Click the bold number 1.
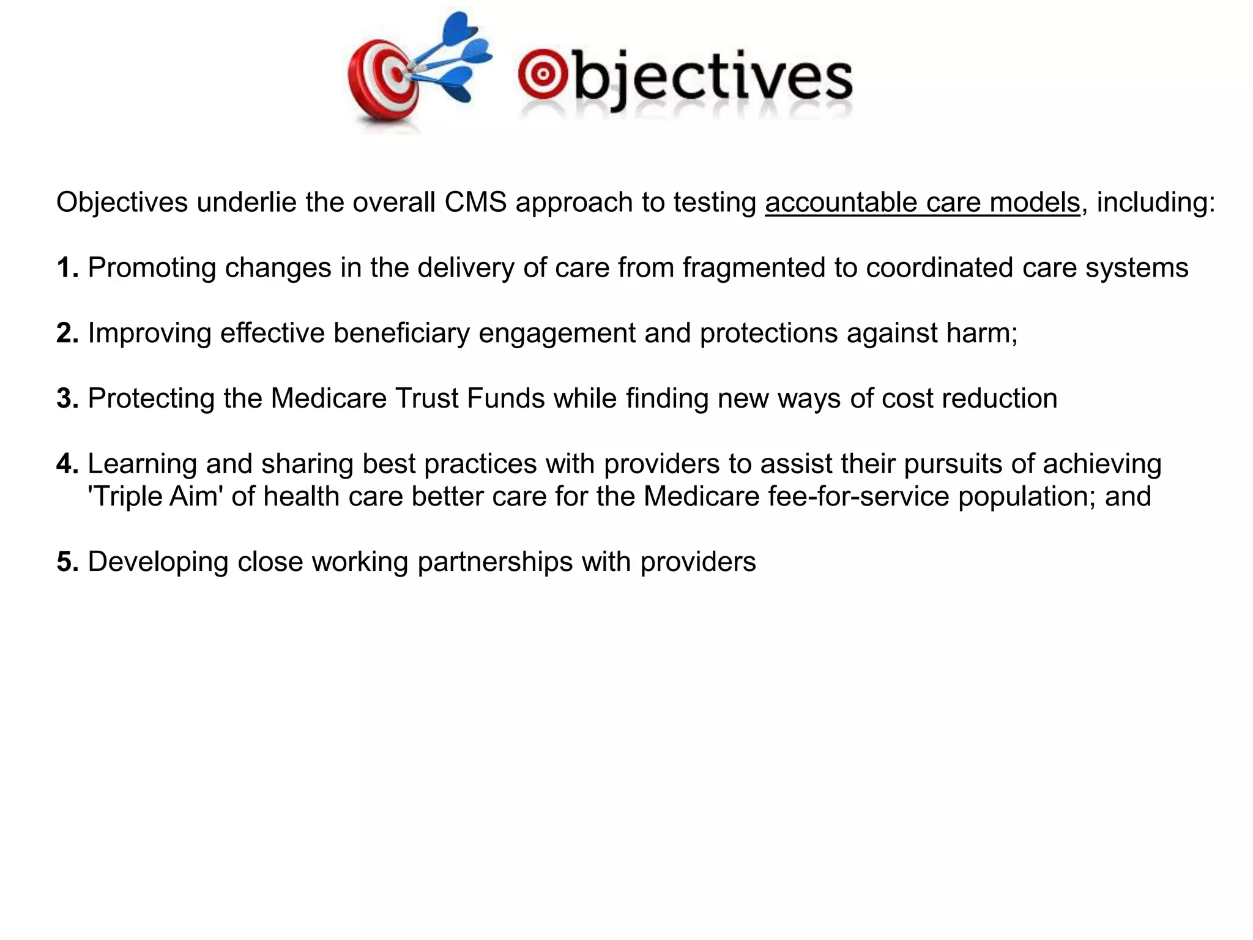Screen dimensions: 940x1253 [x=66, y=268]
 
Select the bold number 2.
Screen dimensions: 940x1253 [x=66, y=334]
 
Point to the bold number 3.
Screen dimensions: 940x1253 [x=66, y=399]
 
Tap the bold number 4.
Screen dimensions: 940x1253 [x=66, y=464]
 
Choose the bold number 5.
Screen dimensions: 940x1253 [x=66, y=562]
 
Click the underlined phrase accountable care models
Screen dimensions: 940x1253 [x=922, y=203]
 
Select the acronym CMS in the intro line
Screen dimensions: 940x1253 [x=475, y=203]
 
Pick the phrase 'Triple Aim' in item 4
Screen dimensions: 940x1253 [x=155, y=496]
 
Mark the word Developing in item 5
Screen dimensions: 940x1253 [x=158, y=562]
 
